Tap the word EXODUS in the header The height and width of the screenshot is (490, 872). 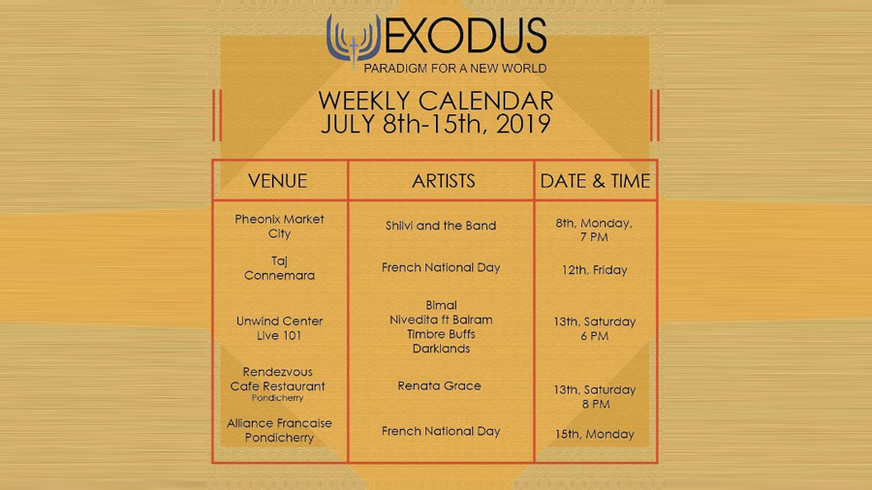(465, 36)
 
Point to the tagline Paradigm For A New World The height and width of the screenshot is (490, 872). (455, 69)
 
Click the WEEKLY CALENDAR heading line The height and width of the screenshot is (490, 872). (436, 101)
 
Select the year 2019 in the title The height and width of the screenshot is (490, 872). (523, 124)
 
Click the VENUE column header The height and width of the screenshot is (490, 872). (277, 181)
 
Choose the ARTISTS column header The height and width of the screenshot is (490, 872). (443, 181)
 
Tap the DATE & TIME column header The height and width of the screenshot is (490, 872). (595, 181)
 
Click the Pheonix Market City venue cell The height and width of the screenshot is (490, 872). (279, 226)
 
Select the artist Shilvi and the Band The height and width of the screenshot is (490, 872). (441, 226)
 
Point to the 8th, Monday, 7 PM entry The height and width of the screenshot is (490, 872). (594, 230)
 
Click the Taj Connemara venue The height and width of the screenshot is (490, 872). (279, 268)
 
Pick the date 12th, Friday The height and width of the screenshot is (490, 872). (595, 270)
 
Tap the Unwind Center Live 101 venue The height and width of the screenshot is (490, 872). (279, 328)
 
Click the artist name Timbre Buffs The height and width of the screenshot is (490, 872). (441, 334)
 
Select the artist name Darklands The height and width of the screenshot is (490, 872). (441, 349)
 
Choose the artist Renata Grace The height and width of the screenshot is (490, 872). (439, 385)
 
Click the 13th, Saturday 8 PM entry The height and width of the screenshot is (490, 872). (595, 397)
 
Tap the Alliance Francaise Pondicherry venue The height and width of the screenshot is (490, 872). (279, 431)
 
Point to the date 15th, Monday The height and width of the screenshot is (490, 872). (595, 434)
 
